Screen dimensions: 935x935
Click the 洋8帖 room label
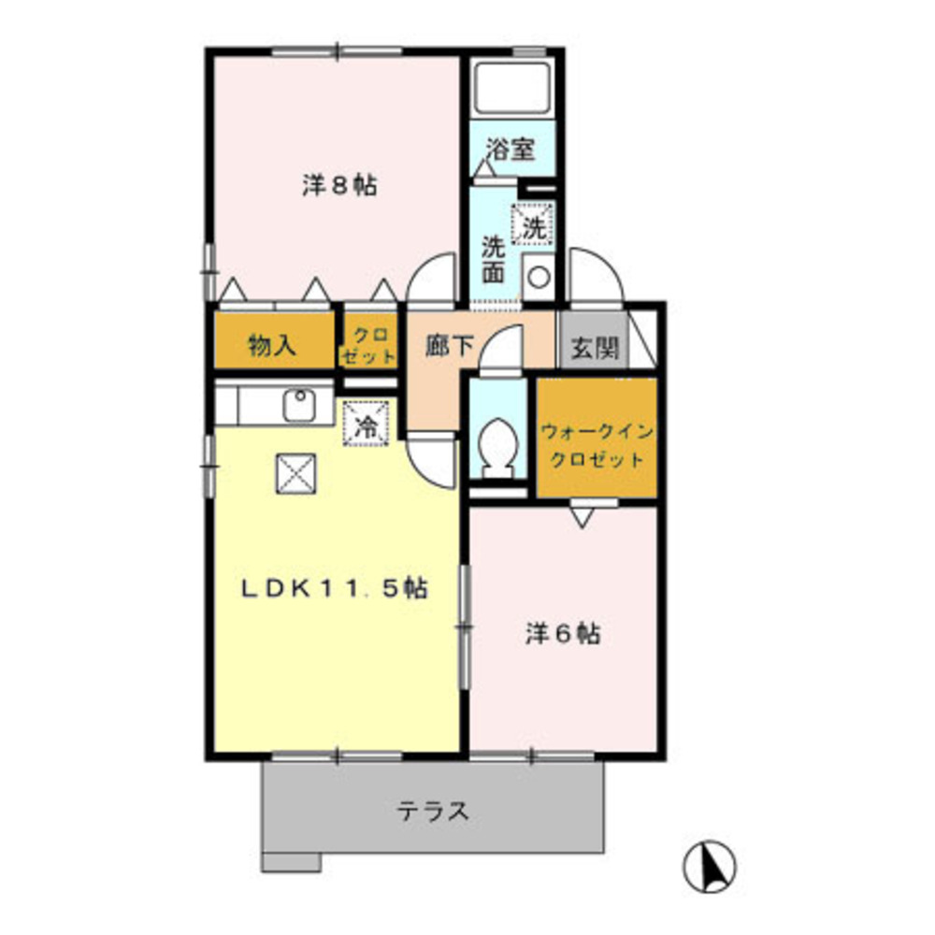pos(339,185)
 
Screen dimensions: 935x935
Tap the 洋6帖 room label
pos(561,633)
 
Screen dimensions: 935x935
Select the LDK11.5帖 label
pos(336,588)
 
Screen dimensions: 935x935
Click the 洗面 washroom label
pos(493,259)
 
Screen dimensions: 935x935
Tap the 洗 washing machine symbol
pos(534,225)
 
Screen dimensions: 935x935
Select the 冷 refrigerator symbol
pos(367,426)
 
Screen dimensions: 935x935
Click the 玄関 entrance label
pos(594,349)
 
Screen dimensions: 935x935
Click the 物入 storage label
pos(272,347)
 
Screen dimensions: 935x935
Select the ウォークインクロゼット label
pos(596,446)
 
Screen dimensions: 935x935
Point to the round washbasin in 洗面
pos(539,277)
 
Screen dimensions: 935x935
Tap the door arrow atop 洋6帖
pos(582,516)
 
